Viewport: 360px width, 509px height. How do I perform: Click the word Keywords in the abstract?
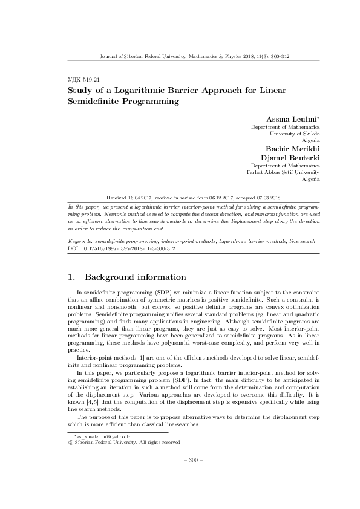pyautogui.click(x=82, y=241)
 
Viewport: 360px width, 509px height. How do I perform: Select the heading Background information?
pyautogui.click(x=135, y=277)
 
